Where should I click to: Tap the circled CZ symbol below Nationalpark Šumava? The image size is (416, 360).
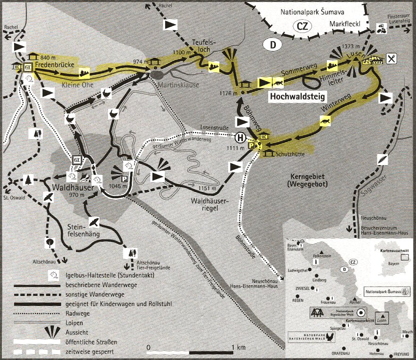pos(302,27)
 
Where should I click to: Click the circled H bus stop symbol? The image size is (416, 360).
pos(240,138)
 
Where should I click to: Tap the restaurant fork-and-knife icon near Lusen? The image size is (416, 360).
pos(391,59)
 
